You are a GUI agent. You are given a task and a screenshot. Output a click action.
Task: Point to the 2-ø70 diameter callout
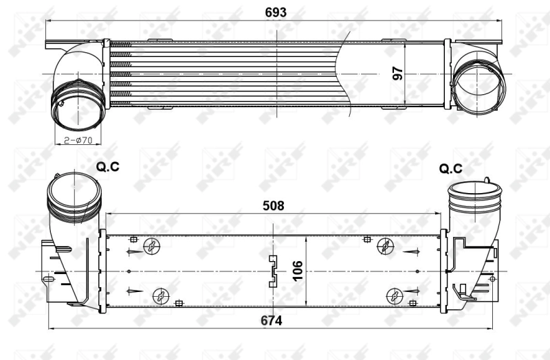tap(78, 141)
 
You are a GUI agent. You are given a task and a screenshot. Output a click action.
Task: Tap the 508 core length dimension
tap(274, 205)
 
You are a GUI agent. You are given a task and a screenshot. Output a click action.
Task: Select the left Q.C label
tap(107, 166)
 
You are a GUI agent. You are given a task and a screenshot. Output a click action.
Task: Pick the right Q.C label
tap(450, 168)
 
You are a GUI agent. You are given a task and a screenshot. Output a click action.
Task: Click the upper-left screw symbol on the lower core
tap(151, 246)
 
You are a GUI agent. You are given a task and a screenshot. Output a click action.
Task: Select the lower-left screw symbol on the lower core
tap(161, 295)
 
